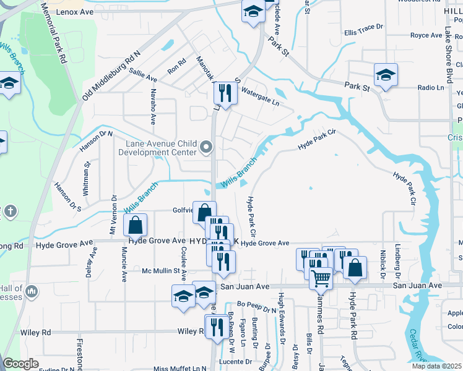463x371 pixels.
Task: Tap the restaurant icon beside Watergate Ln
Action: pyautogui.click(x=223, y=94)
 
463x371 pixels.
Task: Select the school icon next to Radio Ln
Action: pyautogui.click(x=386, y=75)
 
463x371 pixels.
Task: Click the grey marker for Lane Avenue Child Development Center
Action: pyautogui.click(x=207, y=147)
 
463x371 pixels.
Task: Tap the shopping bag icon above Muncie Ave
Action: pyautogui.click(x=136, y=225)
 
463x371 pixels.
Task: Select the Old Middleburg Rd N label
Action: pyautogui.click(x=111, y=75)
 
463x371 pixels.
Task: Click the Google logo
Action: pyautogui.click(x=21, y=364)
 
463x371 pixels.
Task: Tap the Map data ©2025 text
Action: pyautogui.click(x=437, y=366)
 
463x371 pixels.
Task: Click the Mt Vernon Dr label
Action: pyautogui.click(x=113, y=216)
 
